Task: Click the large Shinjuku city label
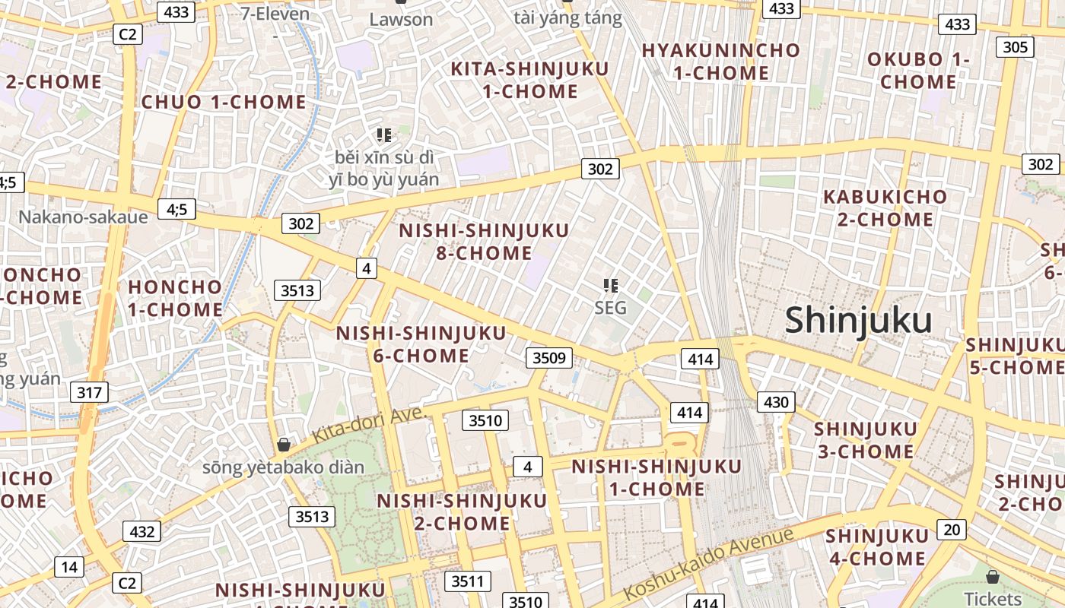[858, 320]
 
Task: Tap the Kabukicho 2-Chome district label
[885, 208]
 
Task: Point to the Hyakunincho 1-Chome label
[721, 62]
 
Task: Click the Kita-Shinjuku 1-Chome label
[530, 80]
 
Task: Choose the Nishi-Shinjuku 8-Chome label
[484, 242]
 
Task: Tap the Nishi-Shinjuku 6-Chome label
[421, 344]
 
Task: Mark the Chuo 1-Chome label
[224, 103]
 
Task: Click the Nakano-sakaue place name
[83, 217]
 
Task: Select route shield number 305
[1016, 47]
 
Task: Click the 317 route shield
[89, 393]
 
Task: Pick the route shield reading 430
[776, 402]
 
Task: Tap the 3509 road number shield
[548, 357]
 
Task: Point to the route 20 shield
[952, 530]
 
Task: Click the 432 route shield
[142, 532]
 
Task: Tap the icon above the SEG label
[610, 286]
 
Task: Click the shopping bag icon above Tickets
[992, 576]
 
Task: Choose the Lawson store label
[401, 20]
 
